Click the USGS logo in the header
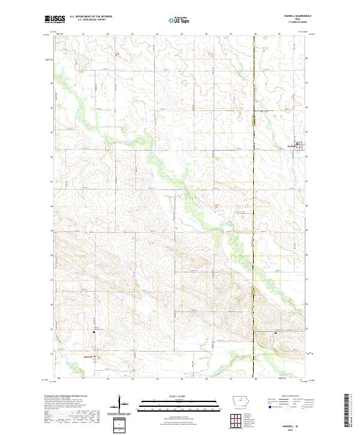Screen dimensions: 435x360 (x=56, y=20)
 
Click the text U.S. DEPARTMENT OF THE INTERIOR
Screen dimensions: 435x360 (x=91, y=16)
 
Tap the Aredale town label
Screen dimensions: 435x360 (x=292, y=145)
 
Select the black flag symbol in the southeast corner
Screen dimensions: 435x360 (x=275, y=332)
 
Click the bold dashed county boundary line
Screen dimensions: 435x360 (x=254, y=240)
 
